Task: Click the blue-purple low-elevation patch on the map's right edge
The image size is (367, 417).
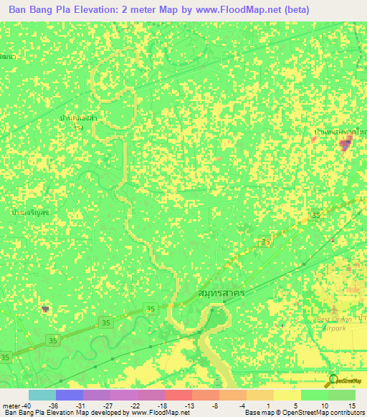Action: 345,145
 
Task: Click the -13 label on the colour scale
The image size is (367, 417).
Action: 189,405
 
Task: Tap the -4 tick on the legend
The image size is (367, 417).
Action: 243,405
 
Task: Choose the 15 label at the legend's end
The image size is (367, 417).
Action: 352,405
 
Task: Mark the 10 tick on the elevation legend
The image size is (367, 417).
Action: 326,405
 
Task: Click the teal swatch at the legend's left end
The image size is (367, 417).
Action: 42,395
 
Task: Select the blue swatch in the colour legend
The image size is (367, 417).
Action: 69,395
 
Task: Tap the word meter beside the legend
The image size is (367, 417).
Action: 10,405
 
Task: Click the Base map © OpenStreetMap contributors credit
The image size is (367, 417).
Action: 304,413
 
